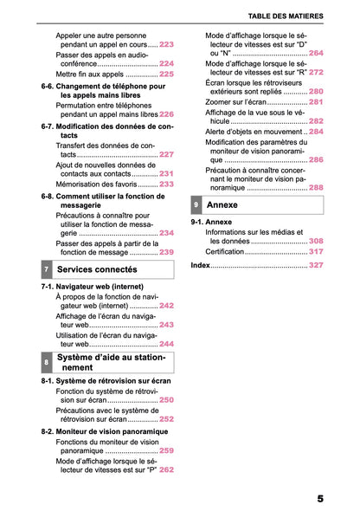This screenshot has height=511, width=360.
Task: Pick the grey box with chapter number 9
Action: click(197, 204)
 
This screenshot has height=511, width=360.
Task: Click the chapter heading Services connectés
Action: click(96, 270)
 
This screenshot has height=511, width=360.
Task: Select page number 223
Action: click(166, 44)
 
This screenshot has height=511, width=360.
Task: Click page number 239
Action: click(166, 252)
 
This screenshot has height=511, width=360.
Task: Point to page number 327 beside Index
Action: click(316, 264)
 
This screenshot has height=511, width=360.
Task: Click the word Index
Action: click(199, 264)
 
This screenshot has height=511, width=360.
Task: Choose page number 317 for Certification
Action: click(316, 251)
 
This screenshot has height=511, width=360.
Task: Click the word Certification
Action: click(225, 251)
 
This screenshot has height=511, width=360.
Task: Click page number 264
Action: click(316, 54)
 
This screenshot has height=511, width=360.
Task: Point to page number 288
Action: click(316, 187)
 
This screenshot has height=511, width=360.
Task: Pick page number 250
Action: click(166, 400)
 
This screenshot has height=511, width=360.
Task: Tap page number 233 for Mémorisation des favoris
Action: click(166, 184)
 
